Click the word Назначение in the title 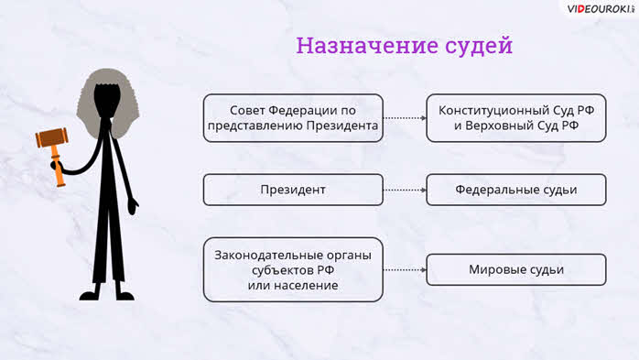click(367, 45)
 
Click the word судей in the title click(479, 46)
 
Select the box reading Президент click(293, 190)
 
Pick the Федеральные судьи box click(516, 190)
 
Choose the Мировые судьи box click(516, 269)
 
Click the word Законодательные click(267, 256)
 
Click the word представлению click(255, 126)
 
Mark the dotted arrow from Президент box click(405, 190)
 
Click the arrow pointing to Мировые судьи click(405, 270)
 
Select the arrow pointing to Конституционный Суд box click(405, 118)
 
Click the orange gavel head click(52, 137)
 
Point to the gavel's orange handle click(58, 165)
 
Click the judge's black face click(107, 100)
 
